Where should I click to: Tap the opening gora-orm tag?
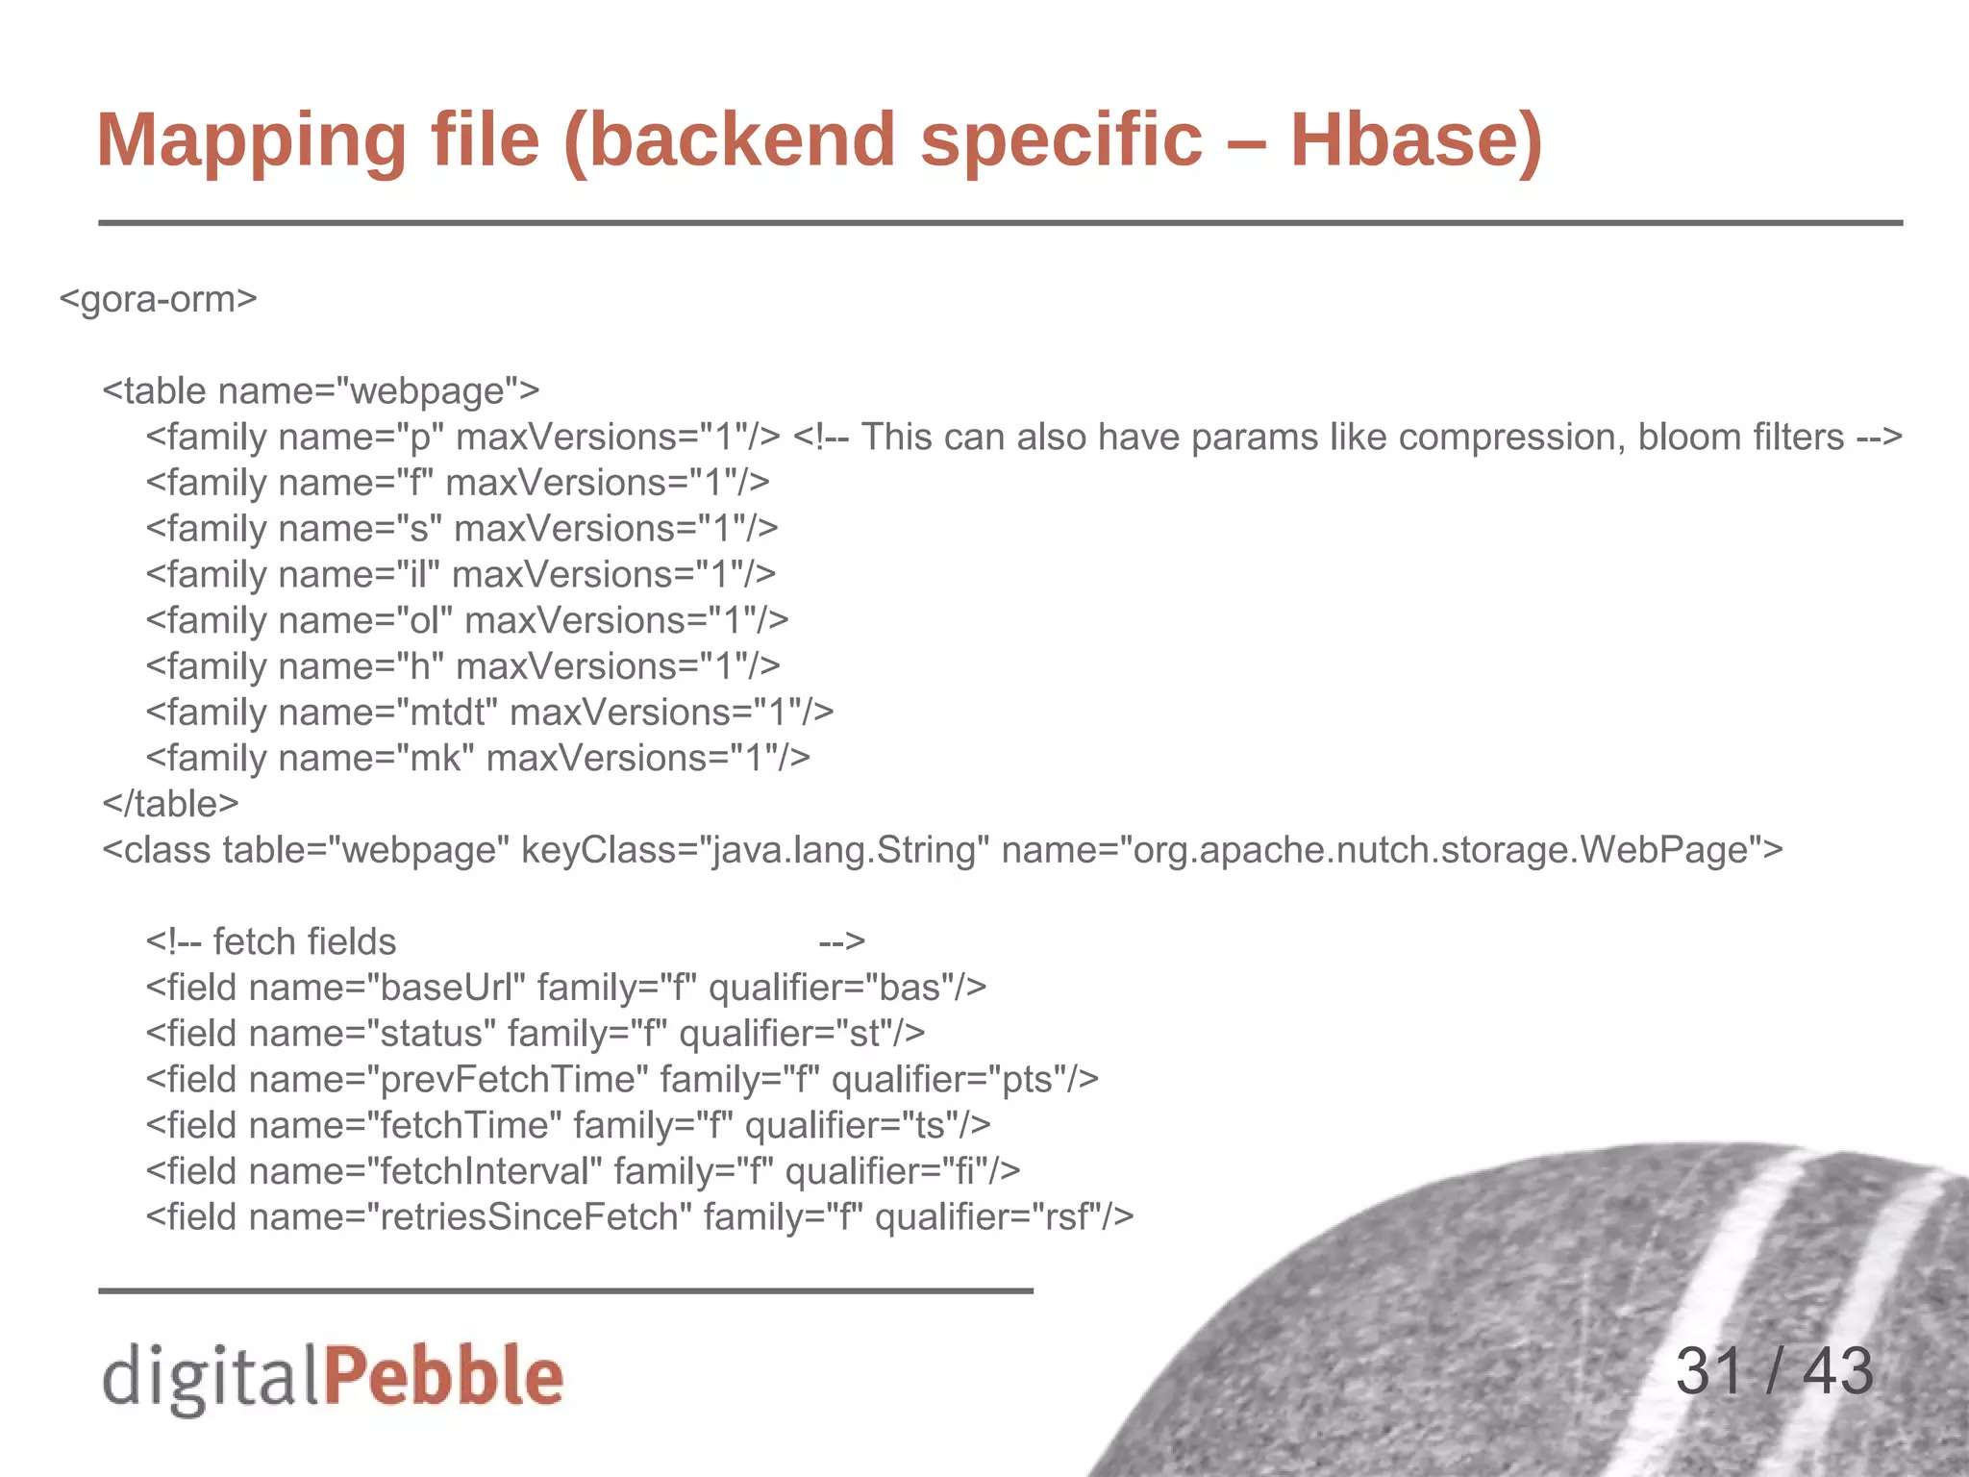click(x=159, y=299)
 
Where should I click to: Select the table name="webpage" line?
click(x=321, y=391)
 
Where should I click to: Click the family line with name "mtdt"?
click(x=489, y=713)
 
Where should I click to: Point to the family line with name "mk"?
click(x=478, y=759)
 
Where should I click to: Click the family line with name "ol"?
click(x=467, y=621)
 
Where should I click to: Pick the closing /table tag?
click(x=171, y=804)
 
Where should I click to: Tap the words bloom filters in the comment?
click(x=1740, y=438)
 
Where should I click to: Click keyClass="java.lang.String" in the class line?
click(x=755, y=850)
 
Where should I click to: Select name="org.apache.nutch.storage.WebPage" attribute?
click(x=1391, y=850)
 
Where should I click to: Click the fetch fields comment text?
click(x=304, y=942)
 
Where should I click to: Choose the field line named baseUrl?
click(x=566, y=988)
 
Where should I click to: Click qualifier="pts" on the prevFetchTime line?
click(x=964, y=1080)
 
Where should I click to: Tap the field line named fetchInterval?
click(x=583, y=1172)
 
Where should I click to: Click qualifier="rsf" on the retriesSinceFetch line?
click(x=1005, y=1217)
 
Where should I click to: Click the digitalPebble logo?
click(x=333, y=1376)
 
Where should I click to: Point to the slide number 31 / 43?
click(x=1774, y=1371)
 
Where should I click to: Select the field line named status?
click(x=536, y=1034)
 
